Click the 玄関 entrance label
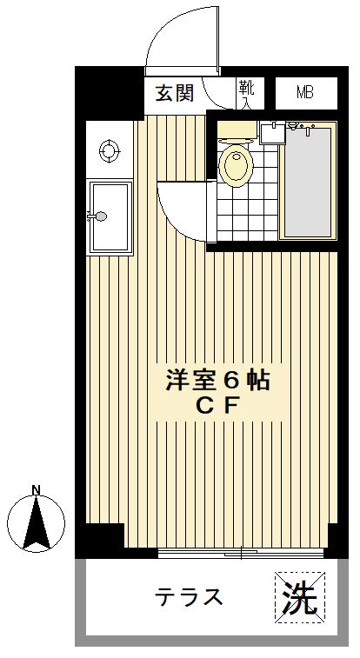[x=174, y=93]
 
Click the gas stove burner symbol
[x=110, y=150]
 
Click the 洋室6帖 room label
[x=217, y=381]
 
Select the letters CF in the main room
[x=217, y=405]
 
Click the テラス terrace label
[x=190, y=597]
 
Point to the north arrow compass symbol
[x=37, y=524]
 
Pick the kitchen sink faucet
[x=98, y=216]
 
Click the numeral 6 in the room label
[x=230, y=381]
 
